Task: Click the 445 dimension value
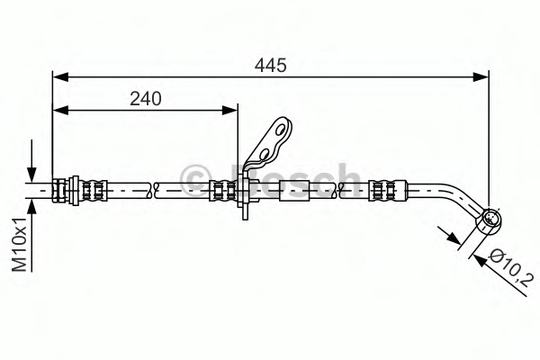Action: click(270, 65)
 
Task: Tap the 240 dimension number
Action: click(145, 98)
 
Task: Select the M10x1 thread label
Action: click(19, 244)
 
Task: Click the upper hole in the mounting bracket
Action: click(280, 130)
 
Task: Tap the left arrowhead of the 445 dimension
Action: click(60, 77)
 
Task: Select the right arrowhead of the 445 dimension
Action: click(481, 77)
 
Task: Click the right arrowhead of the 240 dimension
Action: click(229, 110)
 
